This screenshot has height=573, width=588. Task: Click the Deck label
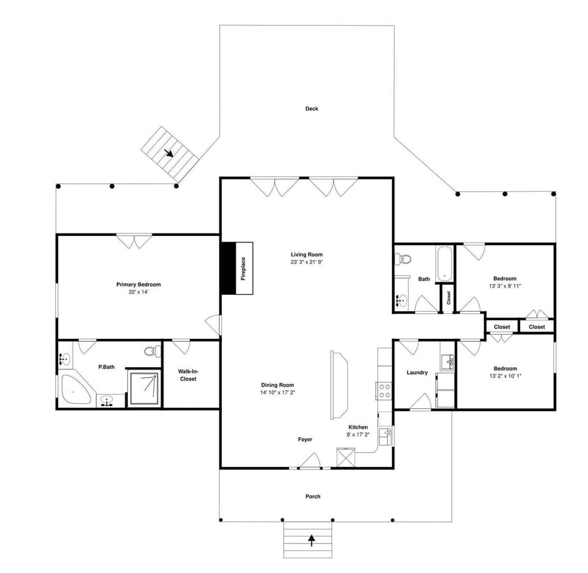click(312, 109)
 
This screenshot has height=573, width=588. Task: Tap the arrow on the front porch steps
click(312, 540)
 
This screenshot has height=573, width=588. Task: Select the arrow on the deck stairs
click(169, 153)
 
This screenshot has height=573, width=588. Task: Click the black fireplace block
click(228, 268)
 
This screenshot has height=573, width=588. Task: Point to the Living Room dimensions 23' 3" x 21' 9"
click(306, 262)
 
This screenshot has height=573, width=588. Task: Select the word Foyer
click(305, 439)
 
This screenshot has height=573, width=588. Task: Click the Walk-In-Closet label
click(188, 375)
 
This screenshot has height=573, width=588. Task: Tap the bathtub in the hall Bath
click(443, 262)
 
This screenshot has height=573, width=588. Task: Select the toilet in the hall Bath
click(404, 260)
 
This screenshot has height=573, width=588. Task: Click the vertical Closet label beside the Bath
click(448, 298)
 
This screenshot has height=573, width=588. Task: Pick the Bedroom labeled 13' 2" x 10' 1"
click(505, 373)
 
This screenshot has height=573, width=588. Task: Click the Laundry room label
click(417, 373)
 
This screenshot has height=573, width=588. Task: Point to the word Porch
click(312, 496)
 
